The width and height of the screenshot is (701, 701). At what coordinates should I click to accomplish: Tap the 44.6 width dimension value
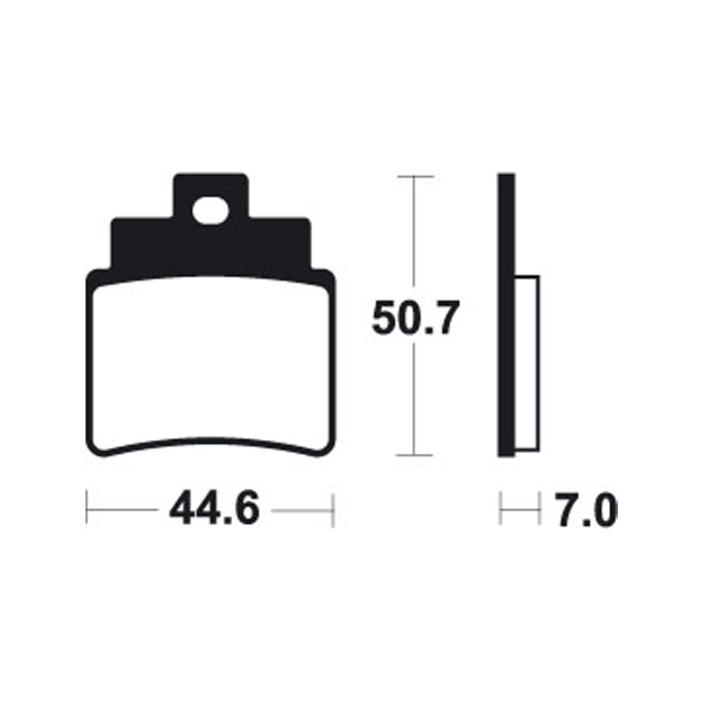pyautogui.click(x=214, y=509)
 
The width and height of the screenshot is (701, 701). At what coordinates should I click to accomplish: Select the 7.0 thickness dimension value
pyautogui.click(x=584, y=509)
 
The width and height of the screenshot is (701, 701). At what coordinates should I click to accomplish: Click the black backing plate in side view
pyautogui.click(x=506, y=315)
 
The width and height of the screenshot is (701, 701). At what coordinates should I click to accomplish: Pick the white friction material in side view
pyautogui.click(x=527, y=365)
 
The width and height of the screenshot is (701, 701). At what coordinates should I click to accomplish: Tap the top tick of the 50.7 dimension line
pyautogui.click(x=415, y=177)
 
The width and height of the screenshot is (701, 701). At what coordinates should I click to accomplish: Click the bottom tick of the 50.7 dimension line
pyautogui.click(x=415, y=456)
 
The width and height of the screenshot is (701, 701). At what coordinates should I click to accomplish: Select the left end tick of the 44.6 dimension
pyautogui.click(x=87, y=509)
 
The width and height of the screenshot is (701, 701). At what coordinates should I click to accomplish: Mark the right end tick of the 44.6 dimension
pyautogui.click(x=334, y=509)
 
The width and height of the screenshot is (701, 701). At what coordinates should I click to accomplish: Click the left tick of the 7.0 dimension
pyautogui.click(x=500, y=509)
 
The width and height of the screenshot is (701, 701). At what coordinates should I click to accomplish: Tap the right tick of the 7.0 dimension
pyautogui.click(x=538, y=509)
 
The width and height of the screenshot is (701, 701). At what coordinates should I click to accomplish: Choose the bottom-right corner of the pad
pyautogui.click(x=326, y=448)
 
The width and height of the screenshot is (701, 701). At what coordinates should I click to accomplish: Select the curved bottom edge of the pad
pyautogui.click(x=210, y=440)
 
